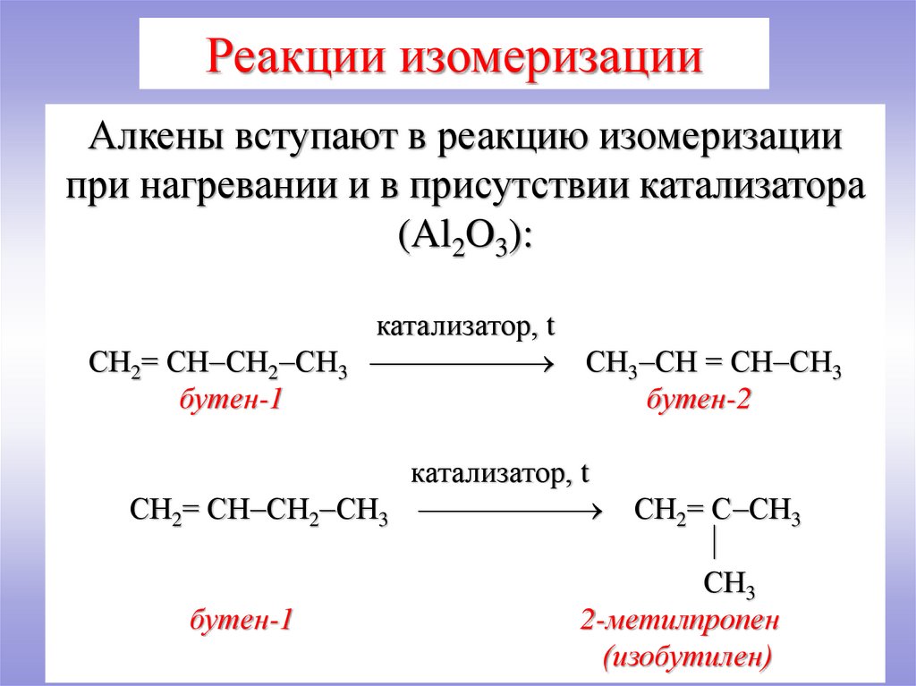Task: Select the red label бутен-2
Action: point(698,402)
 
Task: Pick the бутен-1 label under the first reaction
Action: point(232,402)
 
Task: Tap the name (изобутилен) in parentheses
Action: point(686,658)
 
